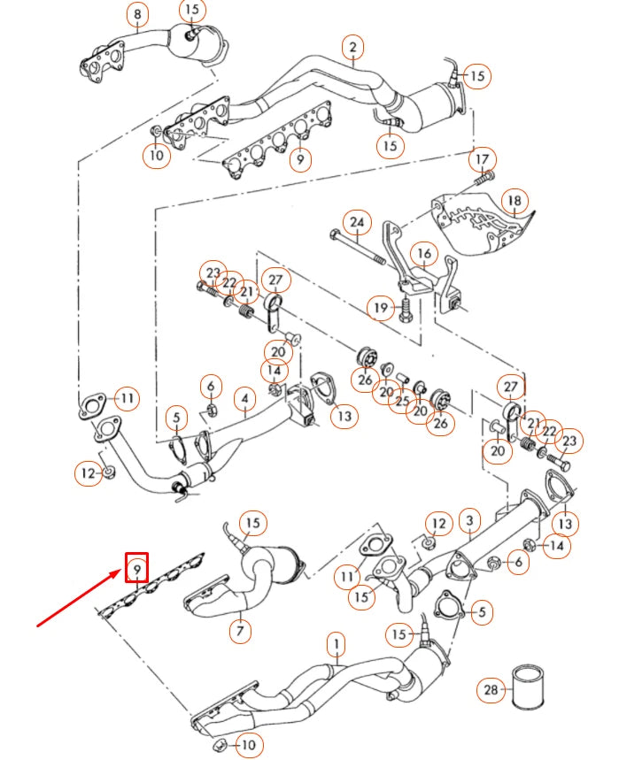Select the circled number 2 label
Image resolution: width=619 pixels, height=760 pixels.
pyautogui.click(x=352, y=48)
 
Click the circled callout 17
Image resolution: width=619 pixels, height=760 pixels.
pyautogui.click(x=483, y=159)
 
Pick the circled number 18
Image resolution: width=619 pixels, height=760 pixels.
pyautogui.click(x=514, y=201)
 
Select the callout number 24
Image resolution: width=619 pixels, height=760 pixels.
pyautogui.click(x=357, y=221)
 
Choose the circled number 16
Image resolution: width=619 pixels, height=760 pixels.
pyautogui.click(x=425, y=255)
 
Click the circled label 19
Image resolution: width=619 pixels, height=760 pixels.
pyautogui.click(x=382, y=308)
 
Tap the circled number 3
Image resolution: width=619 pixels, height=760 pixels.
pyautogui.click(x=469, y=519)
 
